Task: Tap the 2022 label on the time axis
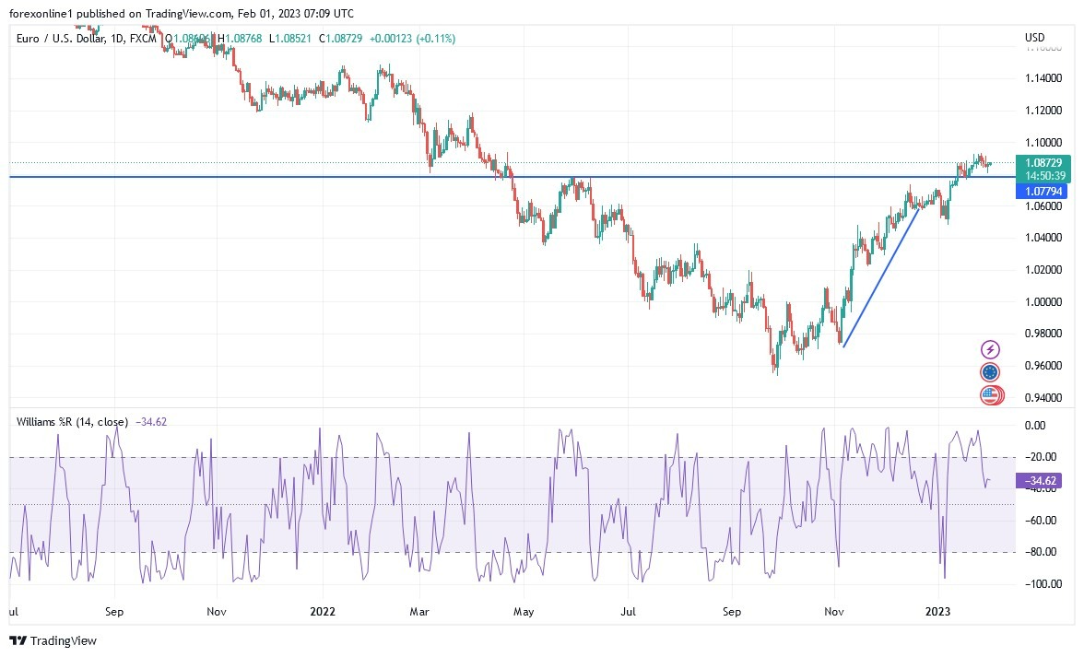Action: click(x=322, y=611)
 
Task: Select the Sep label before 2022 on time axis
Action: click(x=114, y=611)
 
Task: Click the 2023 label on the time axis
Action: click(x=938, y=611)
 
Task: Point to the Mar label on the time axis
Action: click(x=420, y=611)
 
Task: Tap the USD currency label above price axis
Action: click(x=1034, y=38)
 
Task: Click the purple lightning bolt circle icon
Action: click(x=990, y=349)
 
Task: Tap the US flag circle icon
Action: click(x=990, y=395)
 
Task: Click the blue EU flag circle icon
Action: click(x=990, y=372)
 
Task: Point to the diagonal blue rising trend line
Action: click(x=880, y=277)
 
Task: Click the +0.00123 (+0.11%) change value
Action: click(x=412, y=38)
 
